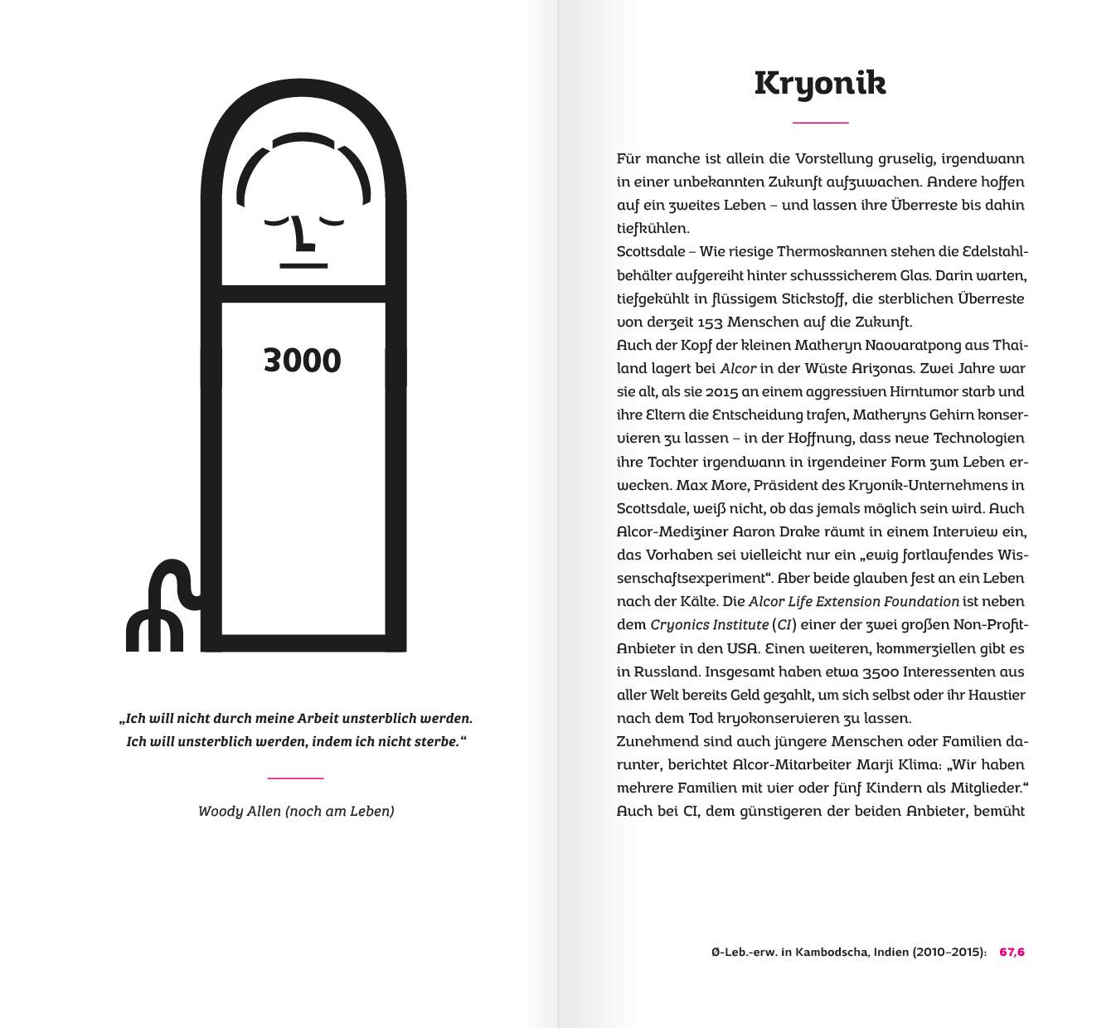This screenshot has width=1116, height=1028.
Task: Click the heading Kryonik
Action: pyautogui.click(x=820, y=84)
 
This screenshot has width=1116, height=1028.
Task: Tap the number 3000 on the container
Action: pyautogui.click(x=302, y=361)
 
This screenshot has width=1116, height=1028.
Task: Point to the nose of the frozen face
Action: pyautogui.click(x=303, y=235)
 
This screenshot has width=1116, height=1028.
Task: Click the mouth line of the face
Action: pyautogui.click(x=303, y=265)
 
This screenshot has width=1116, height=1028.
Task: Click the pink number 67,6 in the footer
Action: pyautogui.click(x=1012, y=952)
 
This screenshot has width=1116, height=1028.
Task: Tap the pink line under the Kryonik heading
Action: pyautogui.click(x=820, y=123)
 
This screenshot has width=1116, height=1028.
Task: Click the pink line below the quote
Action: pyautogui.click(x=295, y=778)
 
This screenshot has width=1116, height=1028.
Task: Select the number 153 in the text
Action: pyautogui.click(x=710, y=322)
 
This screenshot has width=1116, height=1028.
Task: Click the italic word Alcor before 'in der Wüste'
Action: pyautogui.click(x=738, y=368)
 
